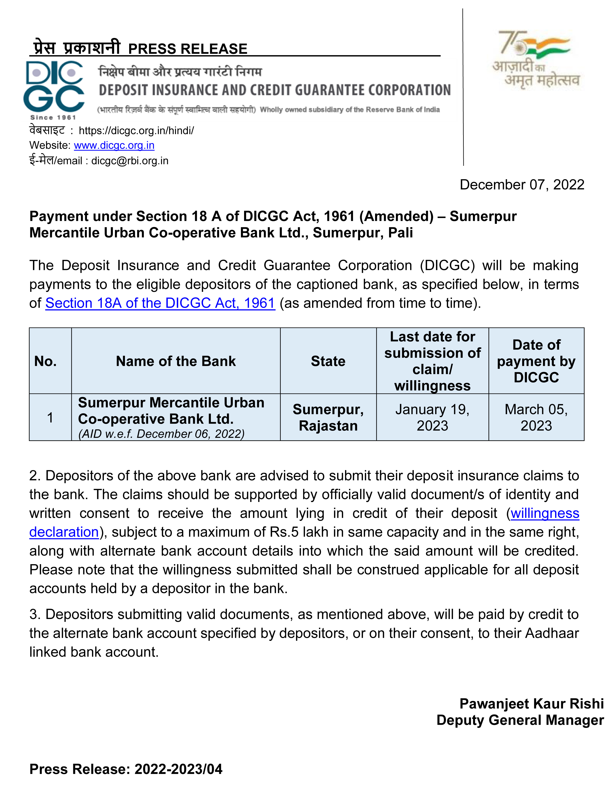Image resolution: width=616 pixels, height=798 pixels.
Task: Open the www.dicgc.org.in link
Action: coord(114,146)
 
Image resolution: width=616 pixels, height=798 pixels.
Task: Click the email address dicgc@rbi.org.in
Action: coord(130,161)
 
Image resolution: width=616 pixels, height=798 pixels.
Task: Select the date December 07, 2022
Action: coord(522,185)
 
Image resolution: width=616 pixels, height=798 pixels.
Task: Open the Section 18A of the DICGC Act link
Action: coord(160,303)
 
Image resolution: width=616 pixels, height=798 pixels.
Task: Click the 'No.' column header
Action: coord(45,361)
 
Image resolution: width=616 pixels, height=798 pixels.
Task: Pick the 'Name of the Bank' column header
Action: coord(176,361)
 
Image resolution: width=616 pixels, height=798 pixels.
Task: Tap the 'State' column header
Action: coord(328,361)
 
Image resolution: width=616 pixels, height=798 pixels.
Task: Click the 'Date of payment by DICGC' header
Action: coord(536,361)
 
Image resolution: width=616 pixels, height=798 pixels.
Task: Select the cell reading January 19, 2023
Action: coord(432,417)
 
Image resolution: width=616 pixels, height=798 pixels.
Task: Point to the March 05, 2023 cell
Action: coord(536,417)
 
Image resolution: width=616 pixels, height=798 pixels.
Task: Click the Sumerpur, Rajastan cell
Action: coord(328,417)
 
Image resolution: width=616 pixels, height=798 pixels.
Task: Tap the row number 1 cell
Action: coord(50,418)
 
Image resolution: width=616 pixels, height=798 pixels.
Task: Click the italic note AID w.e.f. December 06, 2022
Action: coord(161,434)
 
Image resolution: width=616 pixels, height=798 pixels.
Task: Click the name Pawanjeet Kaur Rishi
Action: coord(531,703)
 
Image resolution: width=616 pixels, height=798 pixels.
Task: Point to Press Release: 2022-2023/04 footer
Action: coord(126,769)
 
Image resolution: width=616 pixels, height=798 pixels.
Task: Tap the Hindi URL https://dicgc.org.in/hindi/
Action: coord(136,130)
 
